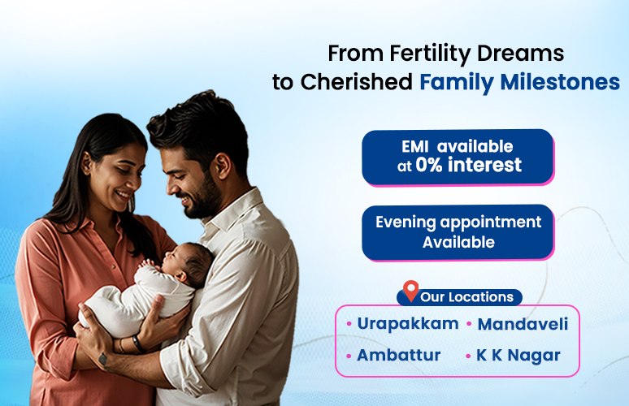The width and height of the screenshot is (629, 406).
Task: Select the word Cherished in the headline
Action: tap(357, 82)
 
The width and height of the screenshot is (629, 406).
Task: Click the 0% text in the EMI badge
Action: tap(429, 165)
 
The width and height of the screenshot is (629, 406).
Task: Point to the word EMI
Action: tap(415, 147)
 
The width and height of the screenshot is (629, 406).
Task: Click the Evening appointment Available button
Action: tap(458, 232)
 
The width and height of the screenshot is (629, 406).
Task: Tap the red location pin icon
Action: tap(410, 291)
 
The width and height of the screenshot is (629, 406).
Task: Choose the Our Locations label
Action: tap(467, 297)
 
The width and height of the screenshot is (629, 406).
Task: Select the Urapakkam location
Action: tap(408, 323)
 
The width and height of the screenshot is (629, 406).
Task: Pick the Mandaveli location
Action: tap(523, 324)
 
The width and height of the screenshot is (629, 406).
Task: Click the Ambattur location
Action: tap(399, 355)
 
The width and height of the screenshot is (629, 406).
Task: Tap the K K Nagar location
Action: tap(518, 356)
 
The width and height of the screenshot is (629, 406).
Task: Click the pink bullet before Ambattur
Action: tap(349, 356)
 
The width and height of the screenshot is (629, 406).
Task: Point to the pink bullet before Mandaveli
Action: tap(469, 324)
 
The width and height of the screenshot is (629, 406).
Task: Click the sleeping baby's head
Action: tap(189, 262)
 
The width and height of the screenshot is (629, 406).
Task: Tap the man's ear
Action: tap(222, 166)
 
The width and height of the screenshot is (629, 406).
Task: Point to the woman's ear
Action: tap(86, 162)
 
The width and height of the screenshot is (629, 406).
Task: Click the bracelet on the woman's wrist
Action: tap(138, 343)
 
